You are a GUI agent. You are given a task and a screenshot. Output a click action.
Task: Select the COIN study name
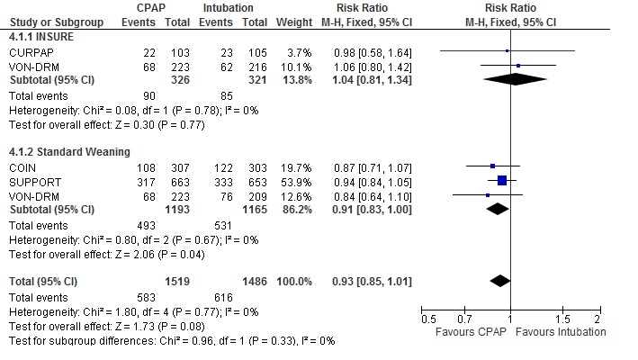[x=22, y=166]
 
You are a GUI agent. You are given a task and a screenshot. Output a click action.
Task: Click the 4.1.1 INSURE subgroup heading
[x=40, y=39]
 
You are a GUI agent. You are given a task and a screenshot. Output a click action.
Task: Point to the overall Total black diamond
[x=499, y=281]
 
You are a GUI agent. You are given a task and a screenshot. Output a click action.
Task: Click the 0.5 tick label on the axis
[x=428, y=319]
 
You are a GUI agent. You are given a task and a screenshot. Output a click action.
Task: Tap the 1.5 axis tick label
[x=562, y=319]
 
